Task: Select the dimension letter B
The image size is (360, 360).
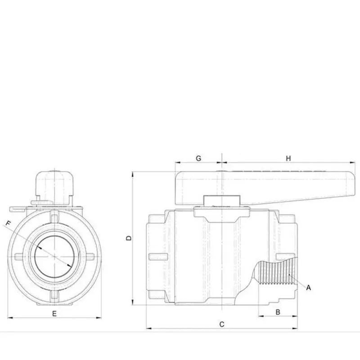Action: [278, 311]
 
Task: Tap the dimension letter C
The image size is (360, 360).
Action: [221, 324]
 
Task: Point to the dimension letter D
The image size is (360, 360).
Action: [128, 238]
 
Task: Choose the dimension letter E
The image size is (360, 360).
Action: [54, 313]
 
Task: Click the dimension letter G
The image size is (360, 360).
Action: [198, 158]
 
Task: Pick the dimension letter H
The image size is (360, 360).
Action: [289, 158]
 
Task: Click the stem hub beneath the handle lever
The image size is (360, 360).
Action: [222, 201]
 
